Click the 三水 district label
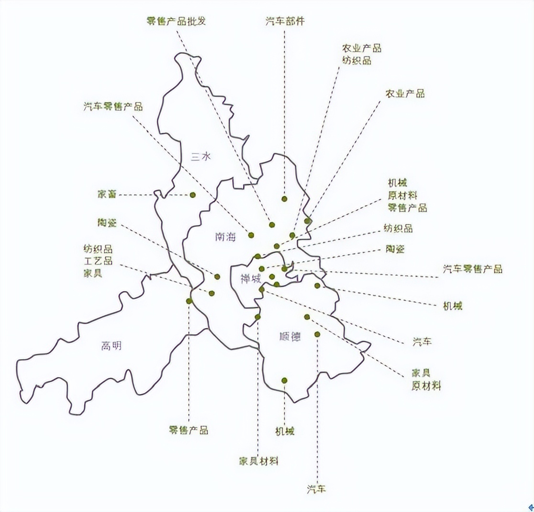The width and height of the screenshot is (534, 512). (200, 157)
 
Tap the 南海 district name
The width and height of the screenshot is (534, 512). (225, 236)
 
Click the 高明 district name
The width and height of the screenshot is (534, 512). (111, 346)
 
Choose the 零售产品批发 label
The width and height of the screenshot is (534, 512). (176, 21)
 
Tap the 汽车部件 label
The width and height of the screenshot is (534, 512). (285, 21)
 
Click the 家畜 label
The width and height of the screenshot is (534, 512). (107, 194)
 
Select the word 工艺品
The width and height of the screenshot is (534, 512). (98, 261)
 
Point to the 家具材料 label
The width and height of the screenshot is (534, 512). (258, 461)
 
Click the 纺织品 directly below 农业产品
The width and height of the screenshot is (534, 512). (356, 61)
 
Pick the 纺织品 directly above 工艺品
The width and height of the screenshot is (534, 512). (98, 249)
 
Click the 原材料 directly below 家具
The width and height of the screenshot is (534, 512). (426, 386)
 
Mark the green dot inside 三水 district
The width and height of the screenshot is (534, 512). (193, 194)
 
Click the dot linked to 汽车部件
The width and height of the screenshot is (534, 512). (284, 199)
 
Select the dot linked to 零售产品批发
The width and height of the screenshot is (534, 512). (272, 224)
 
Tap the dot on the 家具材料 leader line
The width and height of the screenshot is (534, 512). (257, 317)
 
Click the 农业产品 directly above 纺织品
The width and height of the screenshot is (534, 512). (361, 48)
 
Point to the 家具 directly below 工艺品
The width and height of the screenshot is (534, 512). (92, 274)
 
